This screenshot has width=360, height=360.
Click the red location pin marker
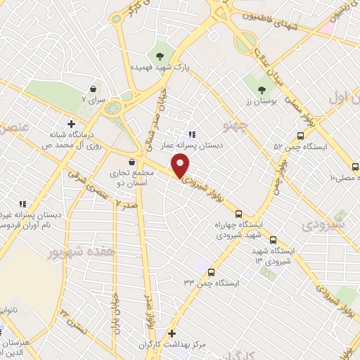(x=181, y=165)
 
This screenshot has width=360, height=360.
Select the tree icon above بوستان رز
(x=262, y=90)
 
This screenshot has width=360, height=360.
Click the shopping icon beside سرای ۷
(x=94, y=89)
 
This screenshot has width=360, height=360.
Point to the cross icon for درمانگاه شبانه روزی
(x=71, y=123)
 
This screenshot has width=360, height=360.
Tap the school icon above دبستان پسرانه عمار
(x=191, y=134)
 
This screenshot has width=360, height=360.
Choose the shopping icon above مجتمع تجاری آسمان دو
(x=131, y=162)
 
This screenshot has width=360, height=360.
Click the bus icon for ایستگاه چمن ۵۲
(x=300, y=136)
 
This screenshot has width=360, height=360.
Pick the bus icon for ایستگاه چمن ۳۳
(x=211, y=271)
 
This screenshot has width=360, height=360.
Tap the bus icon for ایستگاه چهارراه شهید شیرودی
(x=238, y=214)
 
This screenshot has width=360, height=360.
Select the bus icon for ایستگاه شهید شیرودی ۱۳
(x=274, y=239)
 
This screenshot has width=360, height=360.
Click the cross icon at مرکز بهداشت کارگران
(x=172, y=333)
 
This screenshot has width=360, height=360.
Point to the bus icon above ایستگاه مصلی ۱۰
(x=355, y=167)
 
